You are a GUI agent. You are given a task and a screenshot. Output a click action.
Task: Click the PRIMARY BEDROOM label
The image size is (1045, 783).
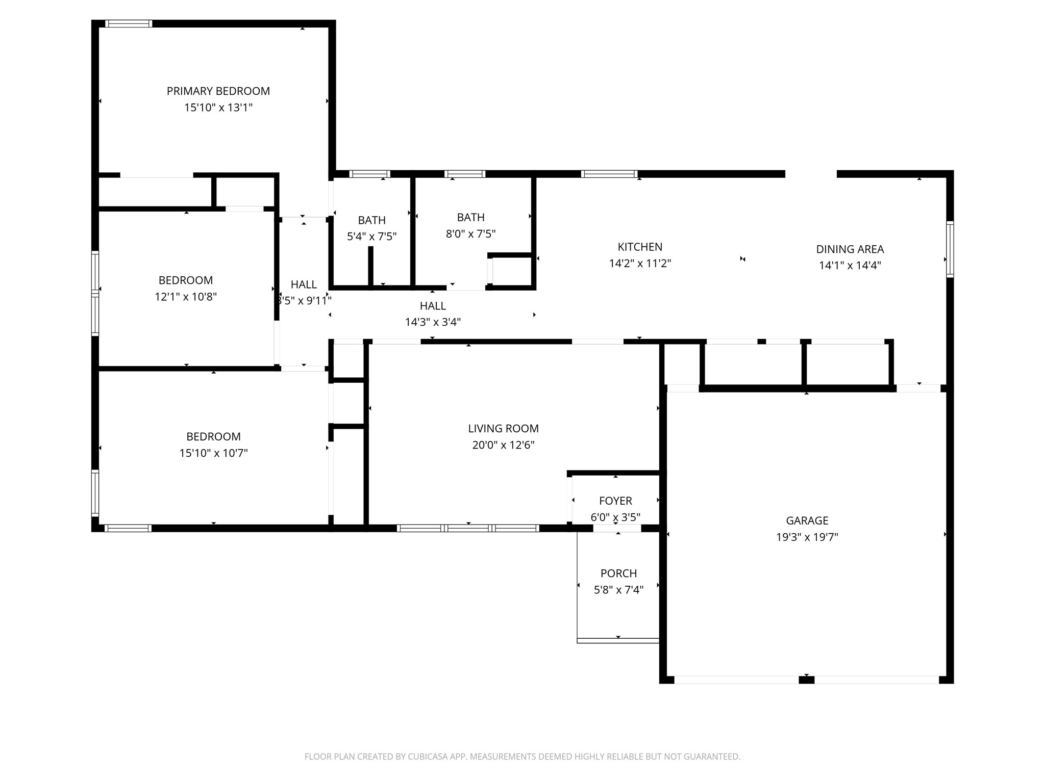218,91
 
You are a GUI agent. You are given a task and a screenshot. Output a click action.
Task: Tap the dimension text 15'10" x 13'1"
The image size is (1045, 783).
218,108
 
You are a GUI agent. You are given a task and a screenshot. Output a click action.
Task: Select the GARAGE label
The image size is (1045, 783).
807,520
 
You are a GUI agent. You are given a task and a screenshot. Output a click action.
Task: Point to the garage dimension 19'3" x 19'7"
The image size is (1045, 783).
807,537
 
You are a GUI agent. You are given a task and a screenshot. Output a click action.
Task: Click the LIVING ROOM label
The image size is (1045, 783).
503,429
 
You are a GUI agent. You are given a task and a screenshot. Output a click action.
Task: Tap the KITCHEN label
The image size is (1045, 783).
640,247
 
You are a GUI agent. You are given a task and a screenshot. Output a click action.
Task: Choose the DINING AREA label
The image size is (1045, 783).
850,249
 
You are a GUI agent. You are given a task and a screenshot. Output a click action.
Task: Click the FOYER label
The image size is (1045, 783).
615,501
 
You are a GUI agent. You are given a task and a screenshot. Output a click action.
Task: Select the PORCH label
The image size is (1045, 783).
618,573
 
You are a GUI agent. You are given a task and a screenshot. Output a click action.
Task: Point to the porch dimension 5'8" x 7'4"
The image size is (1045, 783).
618,590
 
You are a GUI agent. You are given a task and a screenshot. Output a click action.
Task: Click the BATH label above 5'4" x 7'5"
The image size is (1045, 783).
371,220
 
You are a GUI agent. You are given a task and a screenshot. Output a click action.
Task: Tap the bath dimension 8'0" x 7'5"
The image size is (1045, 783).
470,234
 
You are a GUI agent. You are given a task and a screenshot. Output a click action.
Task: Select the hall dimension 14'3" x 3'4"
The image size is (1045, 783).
433,322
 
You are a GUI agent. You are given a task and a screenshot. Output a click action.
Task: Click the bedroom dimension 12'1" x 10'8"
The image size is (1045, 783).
186,297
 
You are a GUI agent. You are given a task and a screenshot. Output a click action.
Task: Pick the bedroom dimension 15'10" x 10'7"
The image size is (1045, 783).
213,453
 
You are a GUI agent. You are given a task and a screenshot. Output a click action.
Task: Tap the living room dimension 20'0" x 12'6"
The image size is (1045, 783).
503,445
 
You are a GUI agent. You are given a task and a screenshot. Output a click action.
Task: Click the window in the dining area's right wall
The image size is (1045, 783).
950,249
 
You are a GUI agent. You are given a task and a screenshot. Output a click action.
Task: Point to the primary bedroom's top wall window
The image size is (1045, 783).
129,23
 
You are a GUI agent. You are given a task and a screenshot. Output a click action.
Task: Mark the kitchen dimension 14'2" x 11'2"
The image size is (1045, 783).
640,264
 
